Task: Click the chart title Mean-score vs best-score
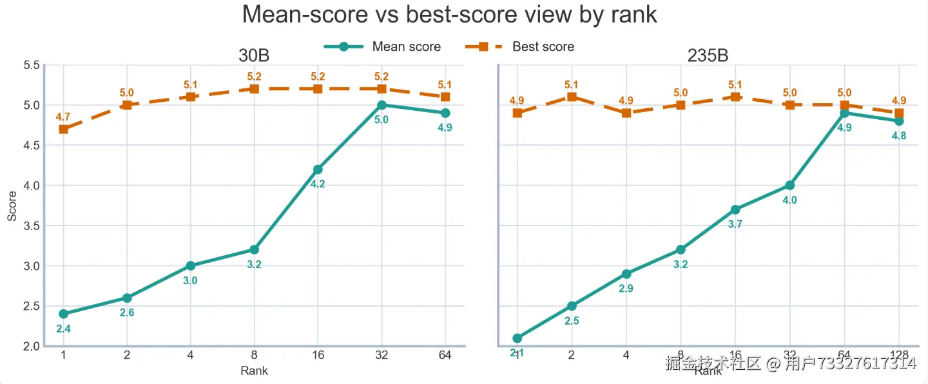point(449,15)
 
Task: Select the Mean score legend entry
point(406,46)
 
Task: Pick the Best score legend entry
point(543,46)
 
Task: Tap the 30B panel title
point(254,56)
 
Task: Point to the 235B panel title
point(708,56)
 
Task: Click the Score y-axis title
point(12,206)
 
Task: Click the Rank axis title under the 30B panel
point(254,370)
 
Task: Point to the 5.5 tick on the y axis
point(32,65)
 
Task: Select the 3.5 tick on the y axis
point(32,226)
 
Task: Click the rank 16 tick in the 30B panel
point(318,356)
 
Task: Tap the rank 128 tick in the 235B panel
point(899,356)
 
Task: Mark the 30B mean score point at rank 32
point(382,105)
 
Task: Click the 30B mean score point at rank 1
point(63,314)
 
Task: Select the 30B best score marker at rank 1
point(63,129)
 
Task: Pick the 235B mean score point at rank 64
point(844,113)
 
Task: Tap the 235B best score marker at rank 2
point(572,97)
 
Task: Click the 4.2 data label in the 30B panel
point(318,184)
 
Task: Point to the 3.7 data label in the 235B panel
point(735,224)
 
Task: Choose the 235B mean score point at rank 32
point(789,186)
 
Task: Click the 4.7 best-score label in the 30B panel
point(63,117)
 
